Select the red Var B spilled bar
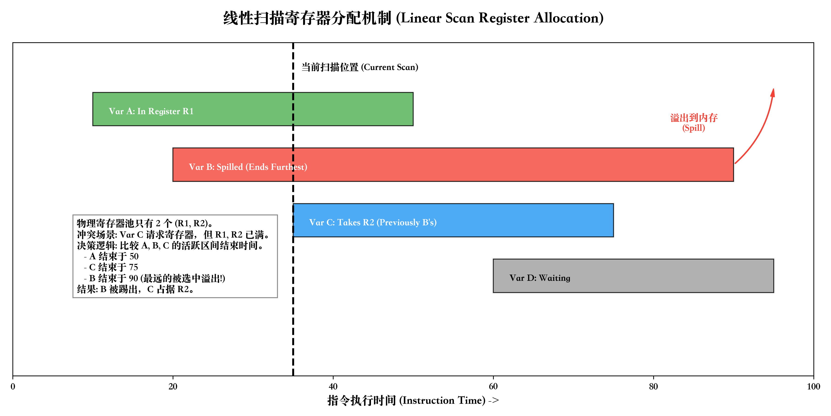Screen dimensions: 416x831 [x=484, y=165]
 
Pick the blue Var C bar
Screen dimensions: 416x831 [x=516, y=220]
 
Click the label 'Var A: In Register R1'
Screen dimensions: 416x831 [x=151, y=111]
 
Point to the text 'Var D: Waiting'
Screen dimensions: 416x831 [x=540, y=278]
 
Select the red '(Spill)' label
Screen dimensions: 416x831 [x=694, y=128]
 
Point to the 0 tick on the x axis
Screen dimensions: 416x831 [x=13, y=386]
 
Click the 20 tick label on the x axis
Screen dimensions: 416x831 [x=173, y=386]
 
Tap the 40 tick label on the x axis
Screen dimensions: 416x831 [x=333, y=386]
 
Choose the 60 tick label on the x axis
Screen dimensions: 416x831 [x=493, y=386]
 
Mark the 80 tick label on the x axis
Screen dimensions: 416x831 [x=653, y=386]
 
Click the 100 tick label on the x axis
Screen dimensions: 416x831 [x=813, y=386]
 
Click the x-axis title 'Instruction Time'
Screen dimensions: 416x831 [x=442, y=401]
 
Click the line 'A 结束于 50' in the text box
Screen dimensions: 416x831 [x=111, y=257]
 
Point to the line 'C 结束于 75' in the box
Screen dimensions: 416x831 [x=111, y=267]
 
